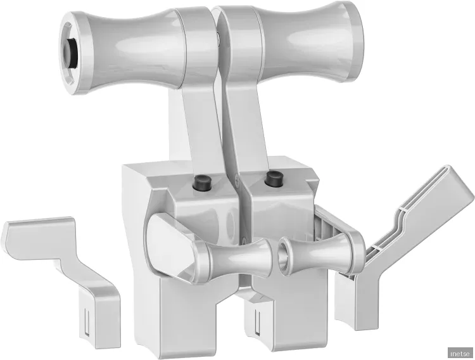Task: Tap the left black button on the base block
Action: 201,183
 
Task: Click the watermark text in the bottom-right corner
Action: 459,352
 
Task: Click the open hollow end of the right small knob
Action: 284,257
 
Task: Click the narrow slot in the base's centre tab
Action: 257,323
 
